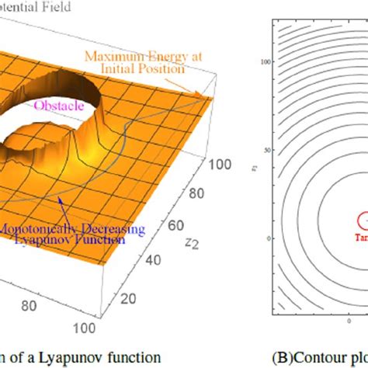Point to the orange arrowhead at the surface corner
[x=207, y=95]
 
